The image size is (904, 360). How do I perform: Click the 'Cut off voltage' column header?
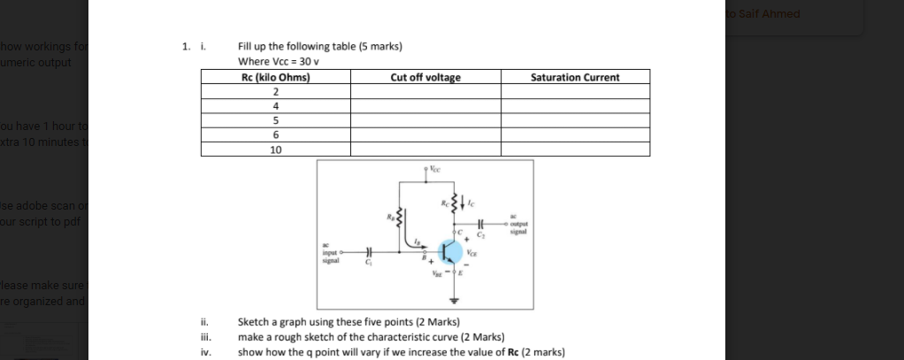point(425,78)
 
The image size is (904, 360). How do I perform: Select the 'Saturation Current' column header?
point(575,78)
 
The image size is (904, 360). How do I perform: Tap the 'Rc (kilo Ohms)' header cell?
point(275,78)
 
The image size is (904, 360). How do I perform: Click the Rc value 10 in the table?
point(276,149)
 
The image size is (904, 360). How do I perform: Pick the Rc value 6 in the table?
point(276,134)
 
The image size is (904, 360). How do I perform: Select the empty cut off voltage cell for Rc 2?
point(425,92)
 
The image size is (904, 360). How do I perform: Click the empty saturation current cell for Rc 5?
point(575,120)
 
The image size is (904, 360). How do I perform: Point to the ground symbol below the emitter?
point(457,297)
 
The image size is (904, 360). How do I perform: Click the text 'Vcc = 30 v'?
point(279,62)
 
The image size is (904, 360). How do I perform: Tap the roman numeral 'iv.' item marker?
point(206,352)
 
